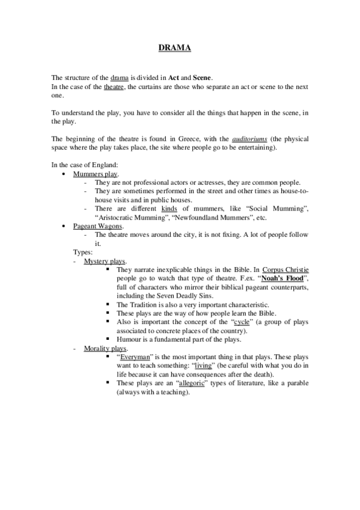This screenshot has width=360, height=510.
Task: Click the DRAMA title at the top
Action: (x=174, y=48)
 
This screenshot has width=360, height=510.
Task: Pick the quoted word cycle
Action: (x=240, y=322)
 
